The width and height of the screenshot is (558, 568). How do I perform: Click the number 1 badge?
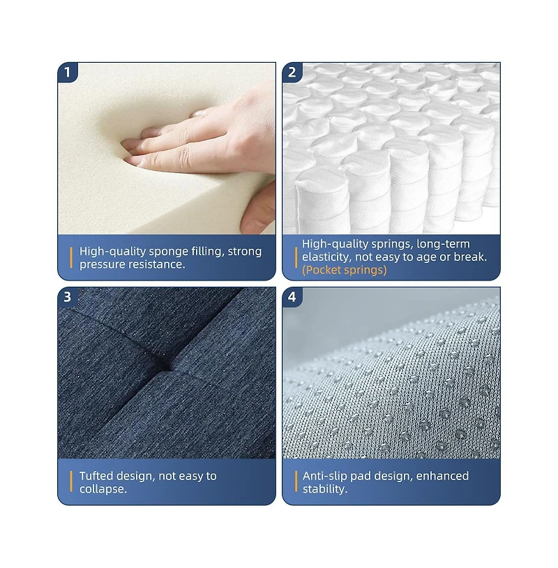[68, 73]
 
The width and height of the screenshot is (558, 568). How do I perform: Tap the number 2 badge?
[292, 73]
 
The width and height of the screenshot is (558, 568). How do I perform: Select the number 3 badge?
[68, 297]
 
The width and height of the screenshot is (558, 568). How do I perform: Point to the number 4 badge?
[292, 297]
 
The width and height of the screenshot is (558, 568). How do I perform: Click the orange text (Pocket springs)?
[345, 270]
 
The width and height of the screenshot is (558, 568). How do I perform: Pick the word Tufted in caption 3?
[96, 476]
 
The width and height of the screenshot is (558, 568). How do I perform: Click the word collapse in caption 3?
[103, 489]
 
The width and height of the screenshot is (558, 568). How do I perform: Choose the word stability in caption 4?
[325, 489]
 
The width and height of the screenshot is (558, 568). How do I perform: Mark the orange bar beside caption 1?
[71, 257]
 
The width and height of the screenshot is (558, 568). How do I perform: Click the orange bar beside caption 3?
[71, 481]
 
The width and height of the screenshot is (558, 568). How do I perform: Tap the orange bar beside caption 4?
[296, 481]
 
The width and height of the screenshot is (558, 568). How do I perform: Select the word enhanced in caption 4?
[442, 476]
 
